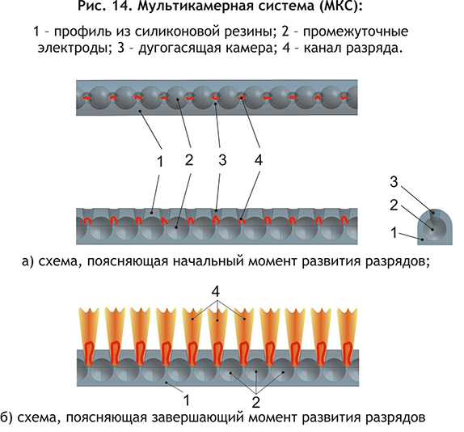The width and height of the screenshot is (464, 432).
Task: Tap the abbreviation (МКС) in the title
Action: tap(341, 6)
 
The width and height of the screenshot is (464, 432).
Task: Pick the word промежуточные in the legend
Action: tap(356, 32)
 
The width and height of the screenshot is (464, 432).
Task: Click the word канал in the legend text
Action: tap(322, 48)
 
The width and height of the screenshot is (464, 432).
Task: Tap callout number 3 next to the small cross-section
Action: tap(394, 181)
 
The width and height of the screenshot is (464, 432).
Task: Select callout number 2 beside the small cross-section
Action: tap(394, 205)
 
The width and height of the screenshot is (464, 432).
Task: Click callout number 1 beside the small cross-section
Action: tap(394, 233)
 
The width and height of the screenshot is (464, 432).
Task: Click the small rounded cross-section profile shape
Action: tap(435, 227)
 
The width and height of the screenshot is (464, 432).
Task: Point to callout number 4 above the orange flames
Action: tap(216, 292)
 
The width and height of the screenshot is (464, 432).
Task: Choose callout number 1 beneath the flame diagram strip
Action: tap(187, 400)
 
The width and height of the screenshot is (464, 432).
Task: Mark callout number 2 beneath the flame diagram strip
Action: tap(256, 402)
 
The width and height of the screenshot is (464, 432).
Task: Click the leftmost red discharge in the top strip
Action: tap(86, 97)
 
